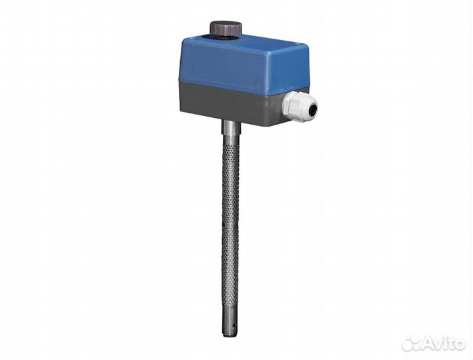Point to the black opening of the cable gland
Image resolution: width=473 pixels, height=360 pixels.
point(313,108)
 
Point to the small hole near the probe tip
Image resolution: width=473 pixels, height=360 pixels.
point(234,325)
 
